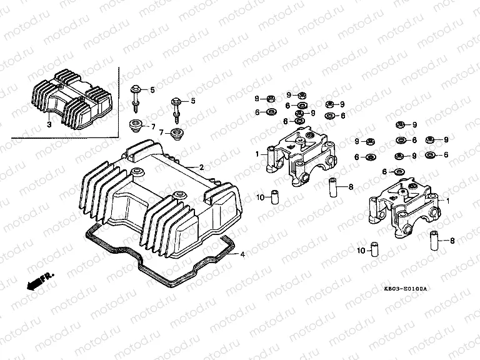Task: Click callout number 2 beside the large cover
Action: (x=201, y=167)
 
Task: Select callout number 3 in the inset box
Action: (x=48, y=125)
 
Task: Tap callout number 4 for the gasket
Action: (x=243, y=254)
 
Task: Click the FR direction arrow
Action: (x=39, y=281)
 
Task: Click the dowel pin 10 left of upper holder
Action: (x=273, y=196)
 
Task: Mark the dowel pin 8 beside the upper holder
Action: (x=333, y=186)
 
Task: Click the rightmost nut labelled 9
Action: (x=430, y=139)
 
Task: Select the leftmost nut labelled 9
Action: (x=270, y=99)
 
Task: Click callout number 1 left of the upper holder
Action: (x=256, y=153)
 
